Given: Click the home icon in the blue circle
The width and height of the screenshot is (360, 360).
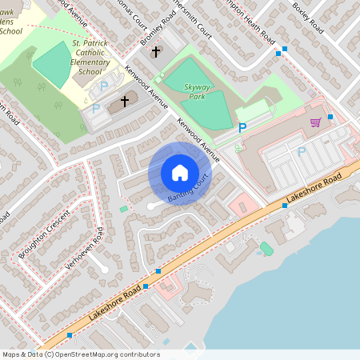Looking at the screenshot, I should (x=180, y=173).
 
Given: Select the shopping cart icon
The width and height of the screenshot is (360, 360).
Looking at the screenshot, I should (x=315, y=122).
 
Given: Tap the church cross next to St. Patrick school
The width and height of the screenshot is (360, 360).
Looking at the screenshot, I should (x=124, y=102).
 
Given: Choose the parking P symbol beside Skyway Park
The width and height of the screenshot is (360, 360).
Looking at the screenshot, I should (x=242, y=127).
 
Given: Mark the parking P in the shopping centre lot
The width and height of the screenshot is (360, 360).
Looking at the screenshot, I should (x=301, y=151).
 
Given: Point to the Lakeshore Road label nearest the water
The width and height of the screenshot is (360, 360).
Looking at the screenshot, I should (x=318, y=188).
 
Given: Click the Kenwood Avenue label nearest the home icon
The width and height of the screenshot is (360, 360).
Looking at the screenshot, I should (x=198, y=140).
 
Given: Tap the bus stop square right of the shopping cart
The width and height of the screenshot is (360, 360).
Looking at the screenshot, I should (x=330, y=117).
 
